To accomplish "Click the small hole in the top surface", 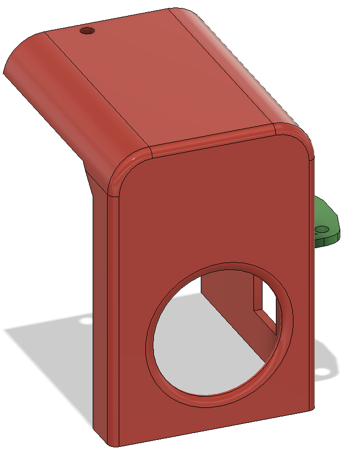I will point(87,31).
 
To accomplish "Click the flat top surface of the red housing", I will point(160,75).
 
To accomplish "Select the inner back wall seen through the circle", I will point(224,298).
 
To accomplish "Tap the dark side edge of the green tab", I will point(328,240).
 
